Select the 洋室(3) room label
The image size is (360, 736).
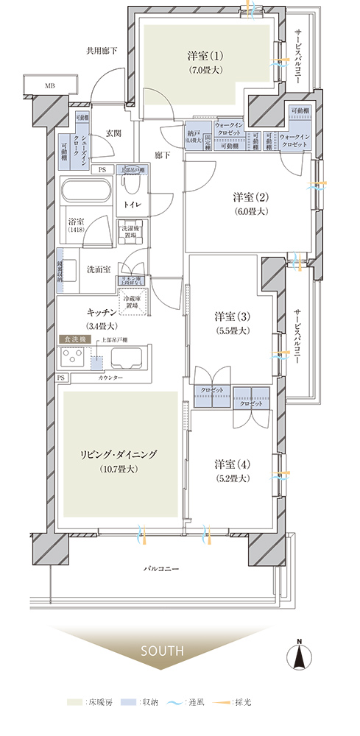point(233,316)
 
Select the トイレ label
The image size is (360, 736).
point(133,203)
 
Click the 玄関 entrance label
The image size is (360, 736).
point(113,132)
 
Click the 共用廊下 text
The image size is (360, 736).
point(101,52)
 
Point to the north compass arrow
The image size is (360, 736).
point(300,657)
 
